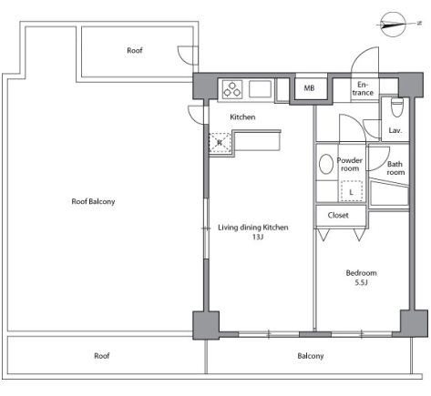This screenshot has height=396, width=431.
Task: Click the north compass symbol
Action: tap(394, 25)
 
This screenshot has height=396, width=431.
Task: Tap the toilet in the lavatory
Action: tap(396, 107)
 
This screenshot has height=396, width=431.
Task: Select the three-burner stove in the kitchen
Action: tap(232, 89)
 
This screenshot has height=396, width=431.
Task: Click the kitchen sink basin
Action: tap(260, 89)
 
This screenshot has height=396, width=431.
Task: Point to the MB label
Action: tap(309, 88)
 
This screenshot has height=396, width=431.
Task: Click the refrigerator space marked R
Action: tap(220, 142)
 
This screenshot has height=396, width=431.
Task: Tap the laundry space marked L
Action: tap(351, 191)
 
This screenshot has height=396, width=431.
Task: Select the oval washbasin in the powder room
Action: tap(326, 164)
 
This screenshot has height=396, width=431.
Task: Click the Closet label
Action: tap(338, 215)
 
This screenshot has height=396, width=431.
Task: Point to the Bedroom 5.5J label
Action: tap(361, 278)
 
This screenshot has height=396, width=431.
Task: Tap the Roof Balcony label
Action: tap(93, 201)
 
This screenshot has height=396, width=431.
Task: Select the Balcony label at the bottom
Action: tap(311, 356)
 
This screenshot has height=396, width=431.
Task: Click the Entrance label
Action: tap(363, 88)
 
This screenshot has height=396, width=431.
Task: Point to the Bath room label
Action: tap(395, 168)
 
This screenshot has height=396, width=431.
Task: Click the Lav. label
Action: tap(395, 130)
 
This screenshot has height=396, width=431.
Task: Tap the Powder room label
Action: tap(350, 164)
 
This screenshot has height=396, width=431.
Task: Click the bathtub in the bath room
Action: tap(389, 193)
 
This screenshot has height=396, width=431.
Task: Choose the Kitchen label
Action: tap(242, 117)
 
